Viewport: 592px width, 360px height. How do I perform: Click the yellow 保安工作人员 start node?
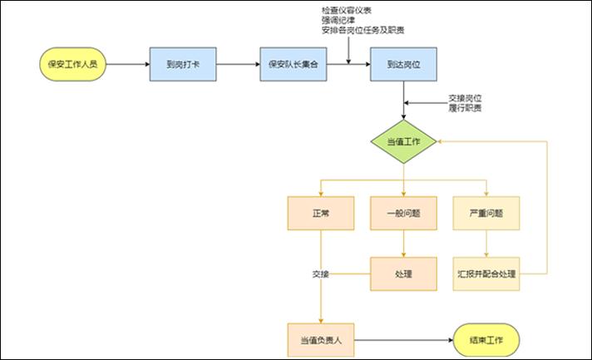tap(73, 63)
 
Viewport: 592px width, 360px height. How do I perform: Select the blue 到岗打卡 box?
tap(183, 63)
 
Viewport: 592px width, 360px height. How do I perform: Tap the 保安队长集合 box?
tap(294, 63)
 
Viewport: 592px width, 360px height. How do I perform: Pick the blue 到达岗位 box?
tap(403, 63)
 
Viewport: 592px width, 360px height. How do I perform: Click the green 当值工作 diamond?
tap(403, 142)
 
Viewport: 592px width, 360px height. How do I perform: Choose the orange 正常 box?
tap(320, 213)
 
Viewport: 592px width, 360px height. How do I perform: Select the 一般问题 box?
tap(403, 213)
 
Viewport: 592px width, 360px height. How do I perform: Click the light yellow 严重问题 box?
tap(486, 213)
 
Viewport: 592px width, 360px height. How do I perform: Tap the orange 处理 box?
tap(403, 273)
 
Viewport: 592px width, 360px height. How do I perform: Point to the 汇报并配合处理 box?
tap(486, 273)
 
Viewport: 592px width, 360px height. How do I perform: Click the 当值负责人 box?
tap(320, 339)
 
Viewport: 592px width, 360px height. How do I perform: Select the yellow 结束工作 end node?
tap(486, 339)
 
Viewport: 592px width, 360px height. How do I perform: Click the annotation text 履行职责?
tap(465, 108)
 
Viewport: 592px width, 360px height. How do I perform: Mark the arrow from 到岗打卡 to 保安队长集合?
tap(238, 63)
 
